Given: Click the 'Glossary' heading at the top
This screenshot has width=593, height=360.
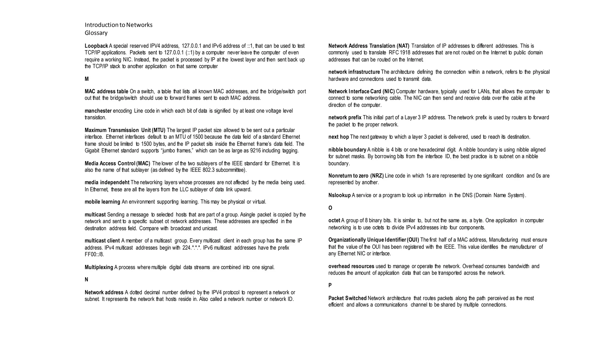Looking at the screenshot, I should [96, 33].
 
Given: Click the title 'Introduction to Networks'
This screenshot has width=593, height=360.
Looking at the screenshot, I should [118, 25].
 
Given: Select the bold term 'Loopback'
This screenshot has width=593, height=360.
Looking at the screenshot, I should [96, 46].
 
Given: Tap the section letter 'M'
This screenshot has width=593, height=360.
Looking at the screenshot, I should [87, 79].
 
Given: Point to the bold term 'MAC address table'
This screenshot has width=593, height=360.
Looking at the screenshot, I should [106, 92].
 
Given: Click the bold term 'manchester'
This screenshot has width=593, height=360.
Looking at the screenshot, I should [98, 111].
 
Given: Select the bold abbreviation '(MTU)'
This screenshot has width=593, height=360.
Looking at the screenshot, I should [158, 130].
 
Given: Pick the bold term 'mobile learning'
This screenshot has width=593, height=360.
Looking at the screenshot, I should [102, 202].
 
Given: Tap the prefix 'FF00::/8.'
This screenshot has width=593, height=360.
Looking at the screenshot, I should [94, 255].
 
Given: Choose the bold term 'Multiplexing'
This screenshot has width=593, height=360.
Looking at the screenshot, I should [99, 267].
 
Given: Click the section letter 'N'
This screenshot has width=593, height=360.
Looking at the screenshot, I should [86, 280].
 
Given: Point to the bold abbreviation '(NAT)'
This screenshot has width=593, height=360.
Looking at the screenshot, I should [401, 46].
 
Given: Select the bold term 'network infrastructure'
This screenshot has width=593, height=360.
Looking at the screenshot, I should [354, 72].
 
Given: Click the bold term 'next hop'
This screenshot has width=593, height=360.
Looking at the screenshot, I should [338, 137].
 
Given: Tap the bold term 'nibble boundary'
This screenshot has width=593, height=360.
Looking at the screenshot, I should [347, 150].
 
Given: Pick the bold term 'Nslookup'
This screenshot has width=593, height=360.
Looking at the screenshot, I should [339, 195].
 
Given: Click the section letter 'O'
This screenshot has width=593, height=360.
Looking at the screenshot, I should [330, 208].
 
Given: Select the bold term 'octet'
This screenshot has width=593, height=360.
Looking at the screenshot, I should [334, 221].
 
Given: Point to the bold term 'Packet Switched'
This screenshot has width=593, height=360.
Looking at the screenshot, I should [347, 298].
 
